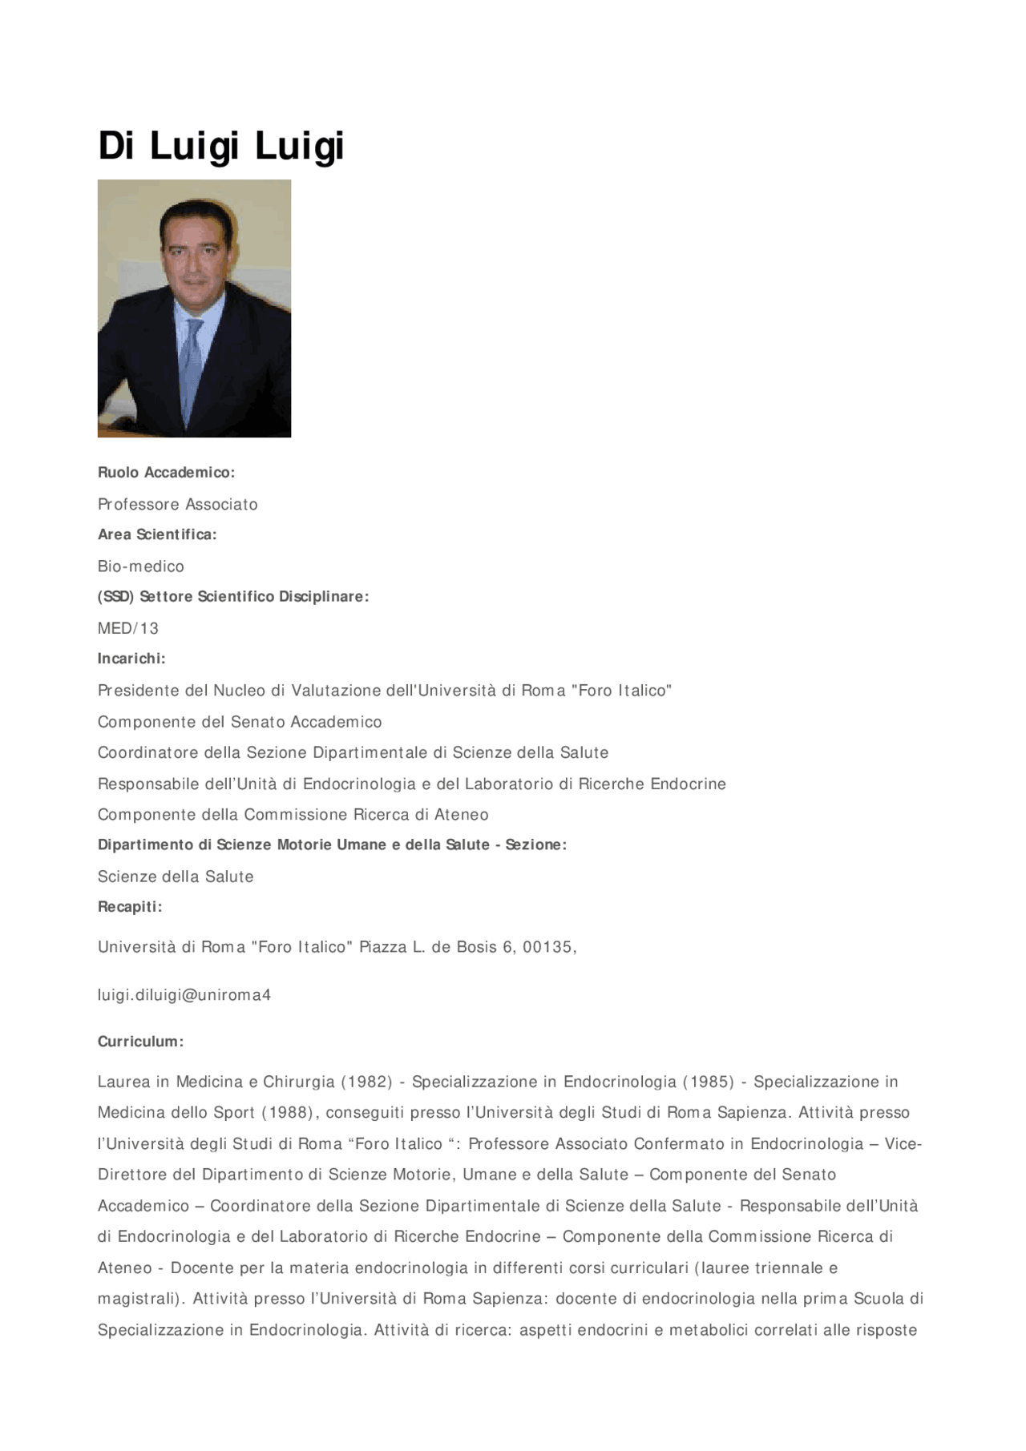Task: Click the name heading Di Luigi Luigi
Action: point(220,147)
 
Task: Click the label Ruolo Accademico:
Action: point(166,473)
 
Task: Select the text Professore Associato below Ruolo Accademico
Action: point(177,505)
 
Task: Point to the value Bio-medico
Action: point(140,566)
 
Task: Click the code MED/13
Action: point(128,629)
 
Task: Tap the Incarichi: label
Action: point(131,659)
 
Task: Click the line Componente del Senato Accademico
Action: point(240,722)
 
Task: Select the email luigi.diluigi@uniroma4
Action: point(184,995)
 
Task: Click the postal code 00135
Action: point(549,947)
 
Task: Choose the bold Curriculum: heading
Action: point(140,1042)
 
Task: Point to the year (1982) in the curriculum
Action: point(367,1082)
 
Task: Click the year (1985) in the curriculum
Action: point(708,1082)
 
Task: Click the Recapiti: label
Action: point(130,907)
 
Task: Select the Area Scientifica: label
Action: point(157,534)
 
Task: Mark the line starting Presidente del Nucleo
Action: point(384,691)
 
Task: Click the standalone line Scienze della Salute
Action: point(176,877)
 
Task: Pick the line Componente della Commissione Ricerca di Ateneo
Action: point(293,815)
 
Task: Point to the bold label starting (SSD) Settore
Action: point(233,597)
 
